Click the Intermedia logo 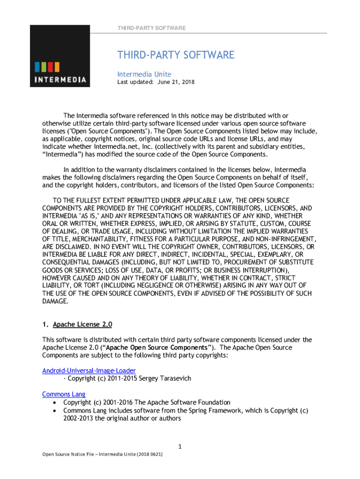tap(60, 56)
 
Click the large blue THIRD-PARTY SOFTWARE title tap(175, 55)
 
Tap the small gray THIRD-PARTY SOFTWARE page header tap(152, 28)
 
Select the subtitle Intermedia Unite tap(144, 74)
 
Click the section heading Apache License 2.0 tap(82, 324)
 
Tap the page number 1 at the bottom tap(180, 447)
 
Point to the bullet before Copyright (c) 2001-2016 tap(56, 402)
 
